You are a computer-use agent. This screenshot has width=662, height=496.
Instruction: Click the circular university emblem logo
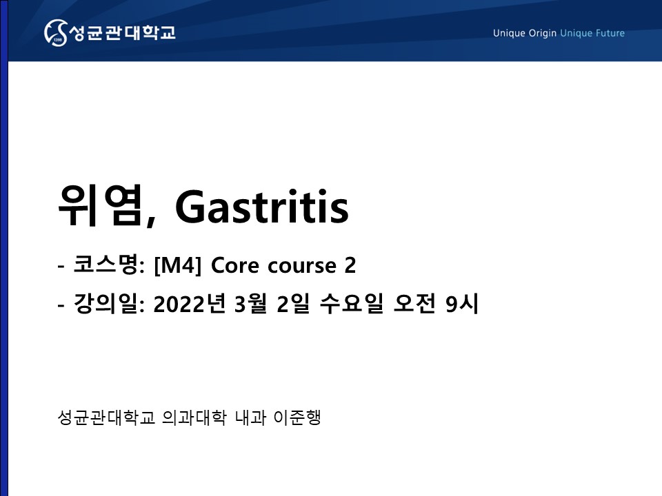tap(56, 32)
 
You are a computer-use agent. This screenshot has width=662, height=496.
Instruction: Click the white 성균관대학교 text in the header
tap(122, 32)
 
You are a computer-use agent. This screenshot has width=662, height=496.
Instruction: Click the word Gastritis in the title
tap(262, 206)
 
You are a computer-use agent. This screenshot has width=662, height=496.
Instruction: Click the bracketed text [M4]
tap(178, 266)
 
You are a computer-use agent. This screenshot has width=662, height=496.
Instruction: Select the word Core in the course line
tap(234, 266)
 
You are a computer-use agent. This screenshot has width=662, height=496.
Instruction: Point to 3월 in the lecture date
tap(251, 303)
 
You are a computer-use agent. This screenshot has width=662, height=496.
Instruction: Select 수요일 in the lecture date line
tap(352, 303)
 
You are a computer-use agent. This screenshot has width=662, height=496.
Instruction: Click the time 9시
tap(462, 303)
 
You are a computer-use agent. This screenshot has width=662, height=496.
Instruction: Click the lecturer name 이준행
tap(297, 417)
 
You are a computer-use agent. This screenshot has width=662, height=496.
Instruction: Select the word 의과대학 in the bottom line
tap(194, 417)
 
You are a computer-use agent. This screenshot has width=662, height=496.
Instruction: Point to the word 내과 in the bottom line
tap(250, 417)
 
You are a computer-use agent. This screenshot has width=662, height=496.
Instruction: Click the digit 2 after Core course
tap(350, 266)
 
